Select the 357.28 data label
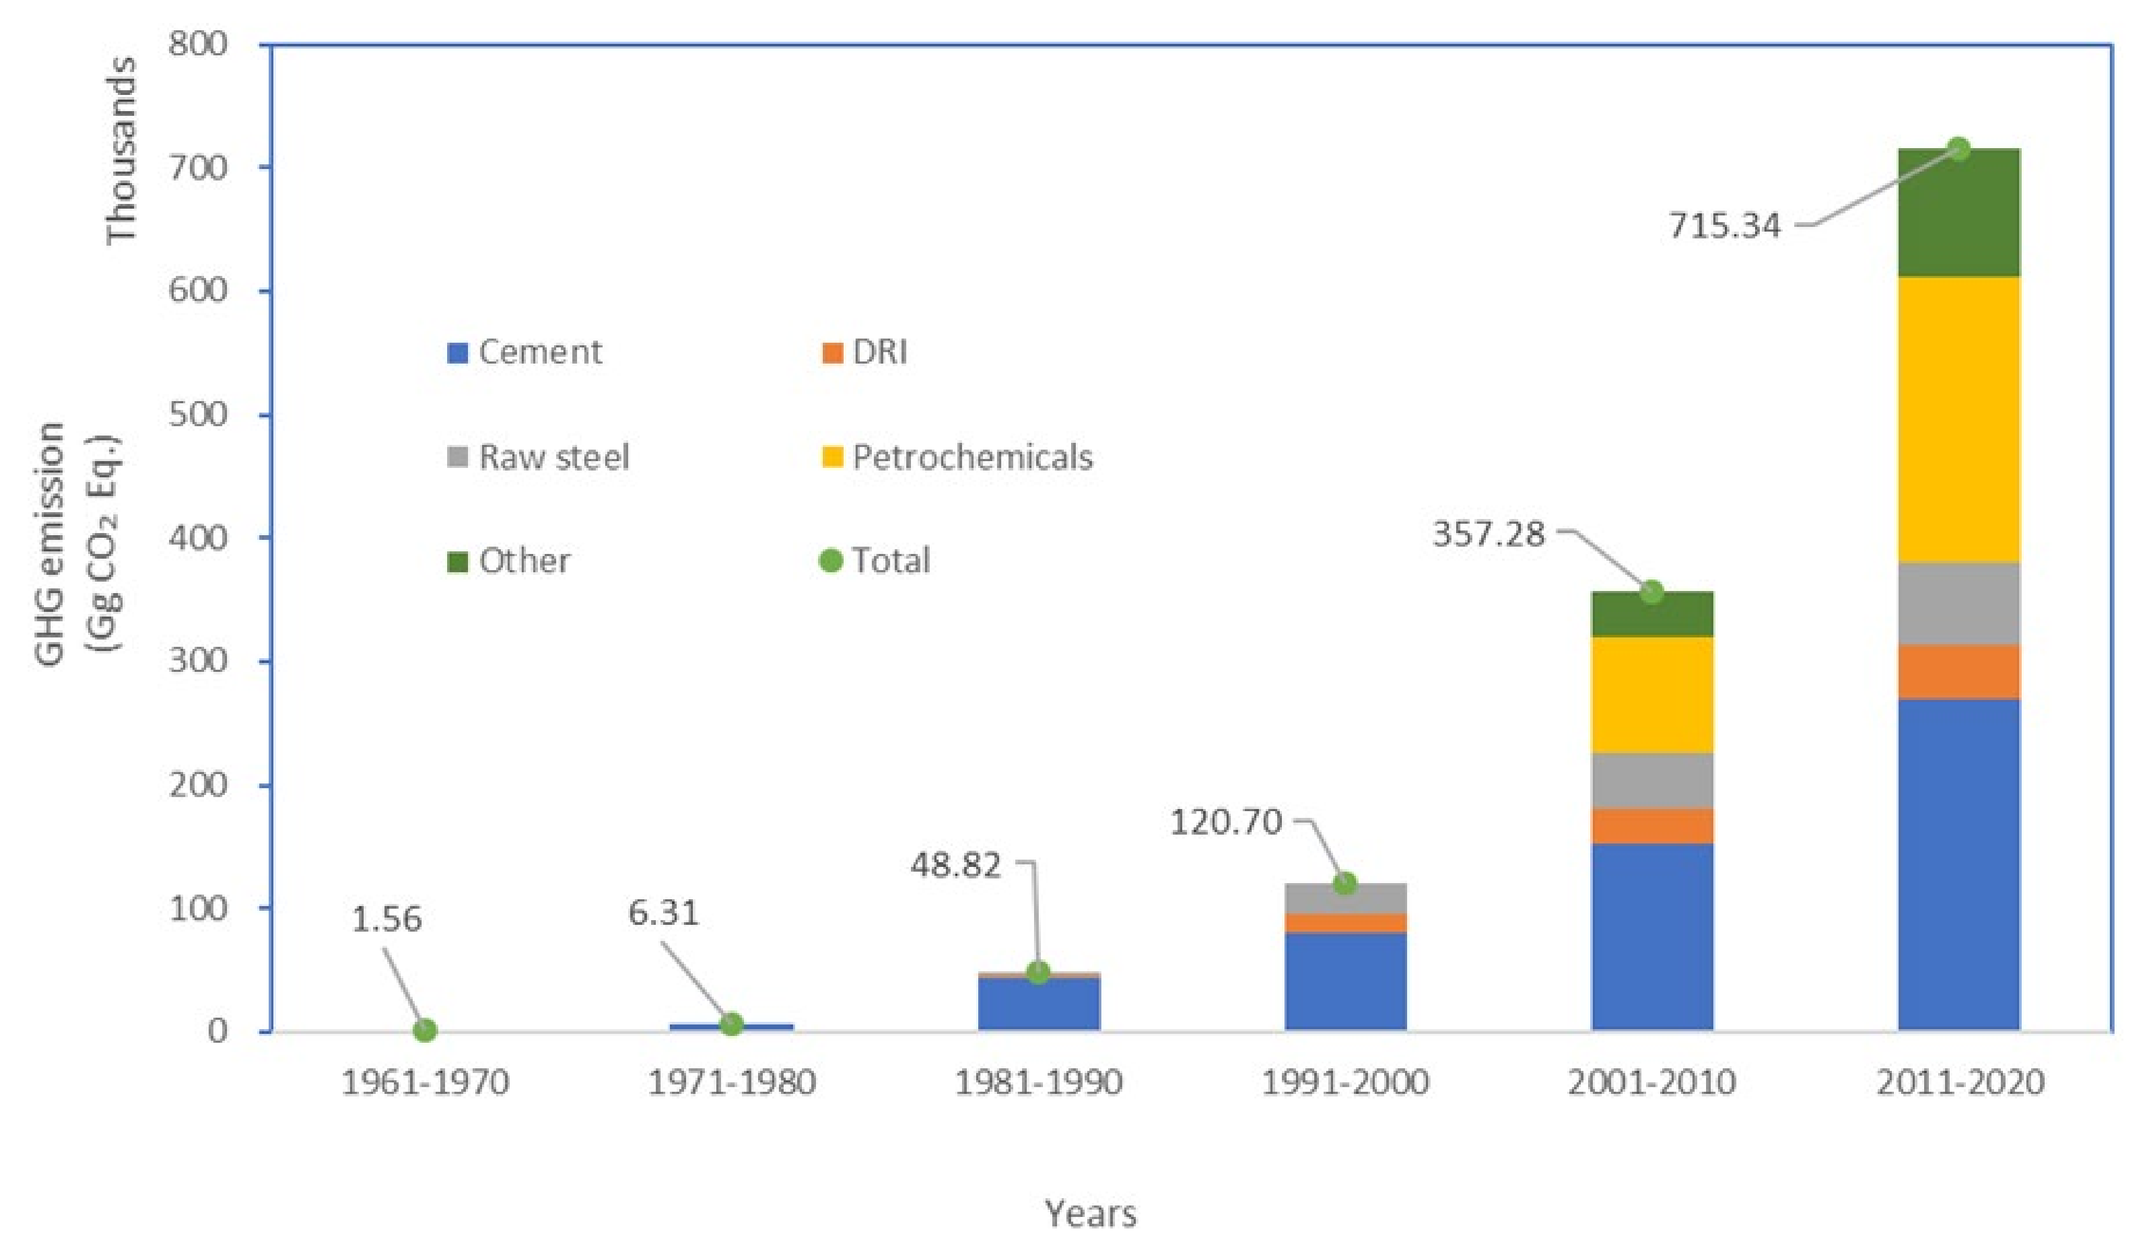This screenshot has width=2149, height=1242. (1488, 535)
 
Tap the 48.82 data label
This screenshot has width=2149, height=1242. (955, 865)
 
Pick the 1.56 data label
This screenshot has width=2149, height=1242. (386, 919)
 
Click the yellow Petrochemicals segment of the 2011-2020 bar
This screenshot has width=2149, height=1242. (1959, 419)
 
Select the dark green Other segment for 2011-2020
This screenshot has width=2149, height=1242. (1959, 213)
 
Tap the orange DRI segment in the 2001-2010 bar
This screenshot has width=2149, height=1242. (1652, 825)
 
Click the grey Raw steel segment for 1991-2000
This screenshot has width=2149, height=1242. (1345, 898)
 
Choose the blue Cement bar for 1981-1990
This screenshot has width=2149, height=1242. (1038, 1004)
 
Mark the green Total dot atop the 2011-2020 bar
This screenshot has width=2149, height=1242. (1959, 149)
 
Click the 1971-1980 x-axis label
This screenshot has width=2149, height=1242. (731, 1082)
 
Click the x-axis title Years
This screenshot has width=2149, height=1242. (1091, 1212)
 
